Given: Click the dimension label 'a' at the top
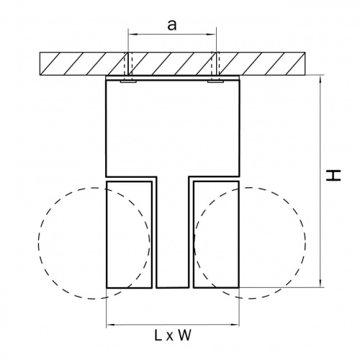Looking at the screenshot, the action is click(x=172, y=25).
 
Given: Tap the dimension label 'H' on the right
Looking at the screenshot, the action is click(x=333, y=176).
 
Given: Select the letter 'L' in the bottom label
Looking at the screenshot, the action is click(x=158, y=335).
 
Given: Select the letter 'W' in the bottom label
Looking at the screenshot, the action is click(x=184, y=335).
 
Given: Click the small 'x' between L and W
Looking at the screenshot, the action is click(x=170, y=337).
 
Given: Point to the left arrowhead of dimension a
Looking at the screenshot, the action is click(x=132, y=35).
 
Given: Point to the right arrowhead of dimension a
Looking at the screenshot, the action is click(x=212, y=35).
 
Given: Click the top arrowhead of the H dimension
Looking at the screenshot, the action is click(x=320, y=79).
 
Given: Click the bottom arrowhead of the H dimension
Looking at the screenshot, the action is click(x=320, y=283).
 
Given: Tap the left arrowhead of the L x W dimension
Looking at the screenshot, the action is click(x=111, y=325).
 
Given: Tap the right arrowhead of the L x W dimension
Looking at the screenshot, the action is click(x=235, y=325).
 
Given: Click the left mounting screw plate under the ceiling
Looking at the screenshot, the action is click(x=128, y=81).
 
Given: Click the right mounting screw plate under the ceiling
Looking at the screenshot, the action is click(x=216, y=81).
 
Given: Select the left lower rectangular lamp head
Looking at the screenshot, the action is click(x=129, y=235).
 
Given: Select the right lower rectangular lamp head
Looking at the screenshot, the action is click(x=216, y=235).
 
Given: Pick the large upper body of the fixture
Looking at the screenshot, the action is click(x=173, y=128).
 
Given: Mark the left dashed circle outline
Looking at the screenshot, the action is click(x=38, y=243).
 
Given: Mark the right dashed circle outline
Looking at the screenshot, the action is click(x=305, y=243).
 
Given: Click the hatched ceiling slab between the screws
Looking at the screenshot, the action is click(x=173, y=63).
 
